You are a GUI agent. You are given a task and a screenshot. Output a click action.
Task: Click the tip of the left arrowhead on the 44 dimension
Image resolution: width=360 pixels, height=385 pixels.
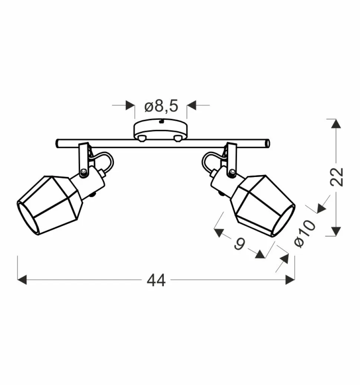click(18, 280)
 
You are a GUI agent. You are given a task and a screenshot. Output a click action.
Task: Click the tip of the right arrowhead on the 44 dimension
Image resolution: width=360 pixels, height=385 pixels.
click(295, 280)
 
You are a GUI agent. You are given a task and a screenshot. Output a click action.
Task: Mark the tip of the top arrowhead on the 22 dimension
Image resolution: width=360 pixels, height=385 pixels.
click(336, 119)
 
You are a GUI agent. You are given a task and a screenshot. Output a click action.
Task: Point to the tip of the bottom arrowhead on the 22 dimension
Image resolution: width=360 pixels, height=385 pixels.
click(336, 236)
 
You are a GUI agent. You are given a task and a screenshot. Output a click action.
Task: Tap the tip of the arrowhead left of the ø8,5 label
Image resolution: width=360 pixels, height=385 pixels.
click(134, 105)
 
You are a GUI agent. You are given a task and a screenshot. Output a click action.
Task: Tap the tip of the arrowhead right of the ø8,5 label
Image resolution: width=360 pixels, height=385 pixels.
click(187, 105)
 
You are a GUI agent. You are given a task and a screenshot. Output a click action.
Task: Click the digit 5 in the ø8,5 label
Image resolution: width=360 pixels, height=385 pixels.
click(173, 106)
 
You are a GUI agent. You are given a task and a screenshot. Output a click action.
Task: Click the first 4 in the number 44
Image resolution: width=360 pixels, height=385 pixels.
click(151, 280)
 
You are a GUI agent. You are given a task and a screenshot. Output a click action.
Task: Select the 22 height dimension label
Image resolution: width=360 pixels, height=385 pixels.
click(337, 177)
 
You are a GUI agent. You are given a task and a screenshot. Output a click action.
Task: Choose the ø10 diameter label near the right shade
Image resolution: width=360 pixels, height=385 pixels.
click(305, 233)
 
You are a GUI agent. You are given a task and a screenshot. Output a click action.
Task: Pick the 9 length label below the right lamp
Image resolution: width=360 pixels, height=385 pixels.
click(240, 244)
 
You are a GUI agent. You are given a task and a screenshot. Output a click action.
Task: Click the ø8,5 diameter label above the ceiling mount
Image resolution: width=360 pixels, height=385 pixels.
click(161, 106)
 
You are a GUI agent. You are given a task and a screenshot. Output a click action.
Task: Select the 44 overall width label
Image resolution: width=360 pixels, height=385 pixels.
click(156, 280)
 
